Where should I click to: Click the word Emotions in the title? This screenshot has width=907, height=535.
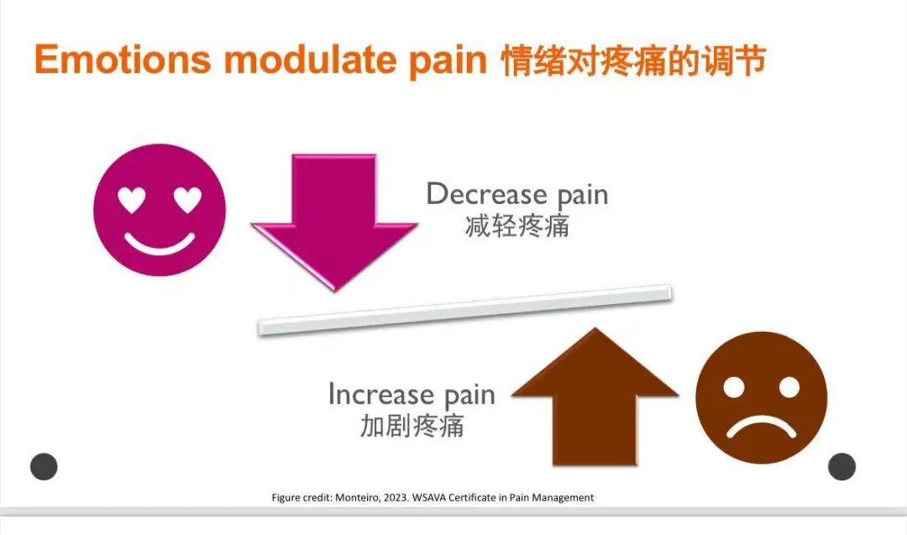pos(123,59)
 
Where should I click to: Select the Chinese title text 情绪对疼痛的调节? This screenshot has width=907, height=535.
pos(633,60)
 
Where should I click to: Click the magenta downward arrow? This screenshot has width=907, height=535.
pos(334,222)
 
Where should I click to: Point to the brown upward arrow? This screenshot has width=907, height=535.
pos(595,396)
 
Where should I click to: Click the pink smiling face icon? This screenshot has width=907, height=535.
pos(160,210)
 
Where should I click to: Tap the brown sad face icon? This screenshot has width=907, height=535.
pos(761,397)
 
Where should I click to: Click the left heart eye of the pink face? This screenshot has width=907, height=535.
pos(132,199)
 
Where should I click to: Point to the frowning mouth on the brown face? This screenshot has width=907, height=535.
pos(761,427)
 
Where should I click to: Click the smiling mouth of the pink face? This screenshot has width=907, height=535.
pos(160,243)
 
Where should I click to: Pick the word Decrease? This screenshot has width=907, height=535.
pos(486,194)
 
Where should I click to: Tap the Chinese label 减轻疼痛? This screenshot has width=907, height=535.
pos(517,226)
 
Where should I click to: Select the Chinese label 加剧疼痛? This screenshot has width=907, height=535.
pos(412,426)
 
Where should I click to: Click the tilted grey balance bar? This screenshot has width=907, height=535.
pos(464,310)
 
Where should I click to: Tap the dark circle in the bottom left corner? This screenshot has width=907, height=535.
pos(44,466)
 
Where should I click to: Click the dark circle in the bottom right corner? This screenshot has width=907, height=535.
pos(841,466)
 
